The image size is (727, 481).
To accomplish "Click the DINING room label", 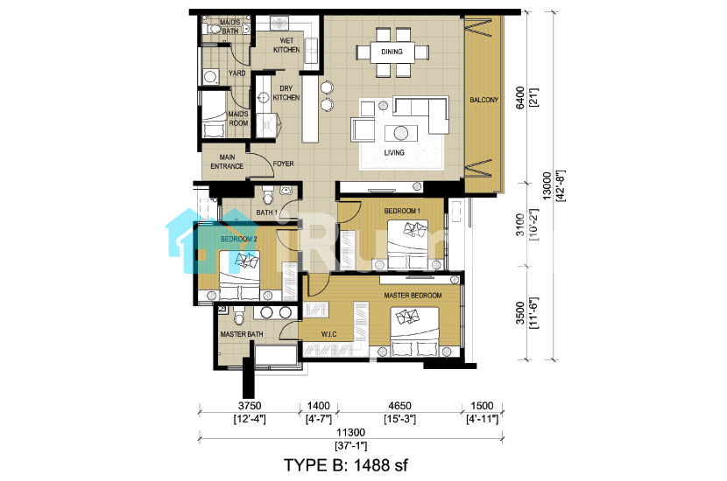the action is click(x=392, y=52).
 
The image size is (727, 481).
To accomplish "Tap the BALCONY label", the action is click(x=483, y=100).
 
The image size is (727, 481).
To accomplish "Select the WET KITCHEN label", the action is click(x=286, y=45).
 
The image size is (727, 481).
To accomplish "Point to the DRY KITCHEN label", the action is click(x=286, y=93).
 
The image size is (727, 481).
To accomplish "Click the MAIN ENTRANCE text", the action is click(x=227, y=162).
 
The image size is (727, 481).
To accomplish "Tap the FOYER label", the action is click(x=283, y=164).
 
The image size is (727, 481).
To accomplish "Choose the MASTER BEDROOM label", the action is click(x=413, y=295).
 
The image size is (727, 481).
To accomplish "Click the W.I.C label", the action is click(x=328, y=334).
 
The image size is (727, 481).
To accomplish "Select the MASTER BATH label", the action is click(x=242, y=334).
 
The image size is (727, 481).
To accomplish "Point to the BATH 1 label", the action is click(x=266, y=213).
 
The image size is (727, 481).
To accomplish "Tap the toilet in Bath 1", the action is click(x=267, y=196).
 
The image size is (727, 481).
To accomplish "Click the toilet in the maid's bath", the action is click(x=213, y=29).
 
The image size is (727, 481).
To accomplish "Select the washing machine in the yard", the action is click(x=210, y=76).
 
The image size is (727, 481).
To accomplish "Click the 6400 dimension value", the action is click(x=520, y=98).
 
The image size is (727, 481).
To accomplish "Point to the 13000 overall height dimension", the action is click(x=547, y=185).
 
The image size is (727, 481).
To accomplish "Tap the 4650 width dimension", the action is click(x=399, y=406).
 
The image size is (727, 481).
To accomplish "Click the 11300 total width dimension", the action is click(x=350, y=432).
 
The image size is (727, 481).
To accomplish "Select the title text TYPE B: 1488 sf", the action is click(x=346, y=464).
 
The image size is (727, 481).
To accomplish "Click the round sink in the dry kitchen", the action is click(x=264, y=98).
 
